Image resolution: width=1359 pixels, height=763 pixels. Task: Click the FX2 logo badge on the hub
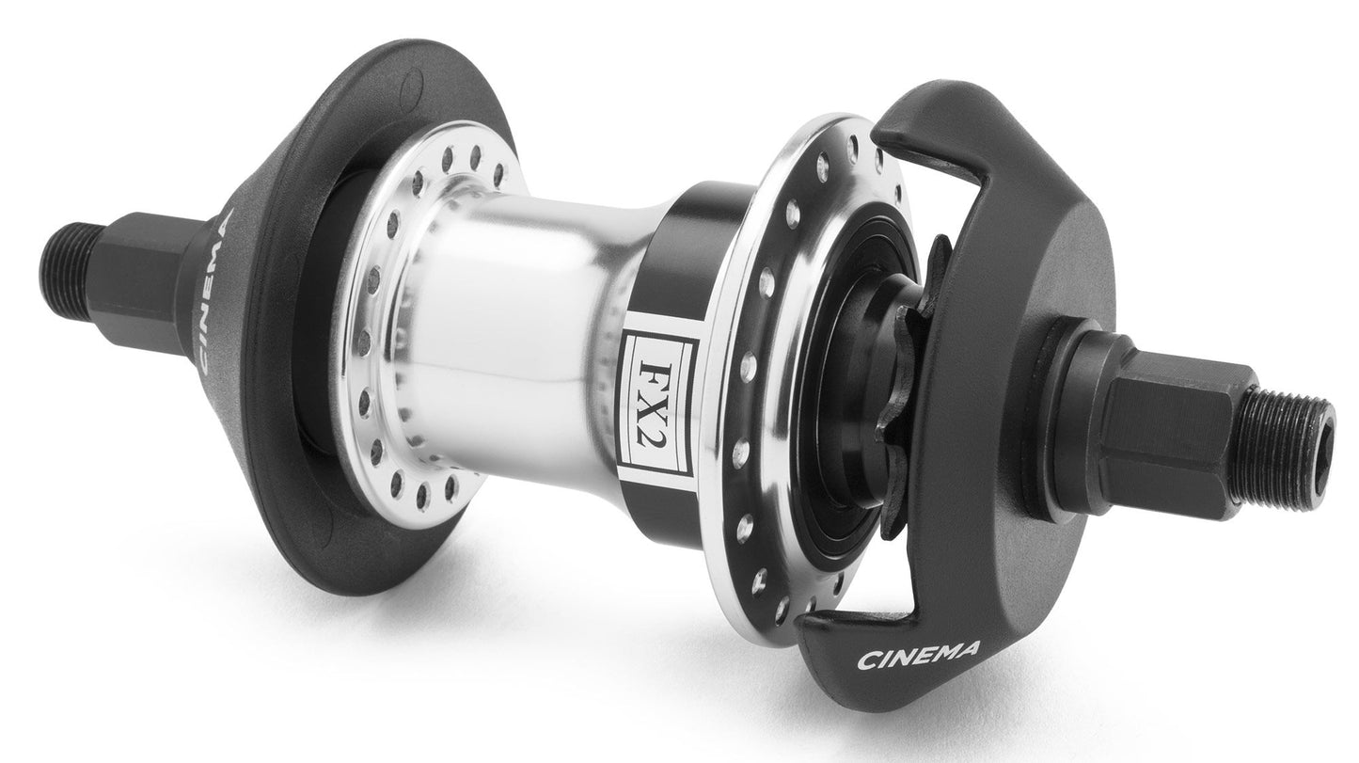coord(659,403)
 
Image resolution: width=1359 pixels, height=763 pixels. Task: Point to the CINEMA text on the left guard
coord(213,290)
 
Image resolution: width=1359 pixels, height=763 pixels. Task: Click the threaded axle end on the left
coord(67,272)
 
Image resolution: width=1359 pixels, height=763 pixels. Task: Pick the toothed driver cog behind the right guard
coord(907,389)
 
